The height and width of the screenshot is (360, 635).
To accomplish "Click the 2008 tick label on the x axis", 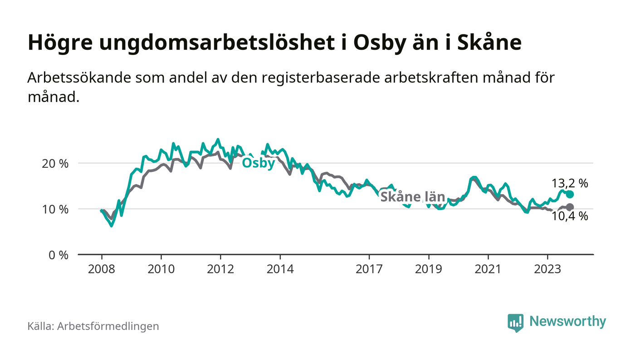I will (101, 269).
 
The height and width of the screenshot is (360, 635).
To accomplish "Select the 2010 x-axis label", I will (161, 269).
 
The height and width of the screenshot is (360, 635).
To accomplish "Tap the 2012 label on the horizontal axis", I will (220, 269).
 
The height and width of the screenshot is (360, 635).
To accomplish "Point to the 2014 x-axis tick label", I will (280, 269).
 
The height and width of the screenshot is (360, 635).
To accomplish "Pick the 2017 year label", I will (369, 269).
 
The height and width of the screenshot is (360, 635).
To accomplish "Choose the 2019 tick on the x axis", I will (429, 269).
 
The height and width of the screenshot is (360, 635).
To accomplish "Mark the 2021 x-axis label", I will (488, 269).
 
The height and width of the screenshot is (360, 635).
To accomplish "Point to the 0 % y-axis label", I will (59, 255).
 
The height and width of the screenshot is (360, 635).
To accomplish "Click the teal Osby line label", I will (259, 163).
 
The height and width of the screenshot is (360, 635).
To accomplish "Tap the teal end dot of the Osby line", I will (570, 195).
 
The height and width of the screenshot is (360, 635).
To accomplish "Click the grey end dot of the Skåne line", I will (570, 207).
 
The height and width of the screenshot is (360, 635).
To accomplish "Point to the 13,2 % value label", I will (570, 184).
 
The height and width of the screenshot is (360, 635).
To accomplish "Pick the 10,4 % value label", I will (570, 217).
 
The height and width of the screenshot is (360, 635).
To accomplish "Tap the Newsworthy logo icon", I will (515, 322).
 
